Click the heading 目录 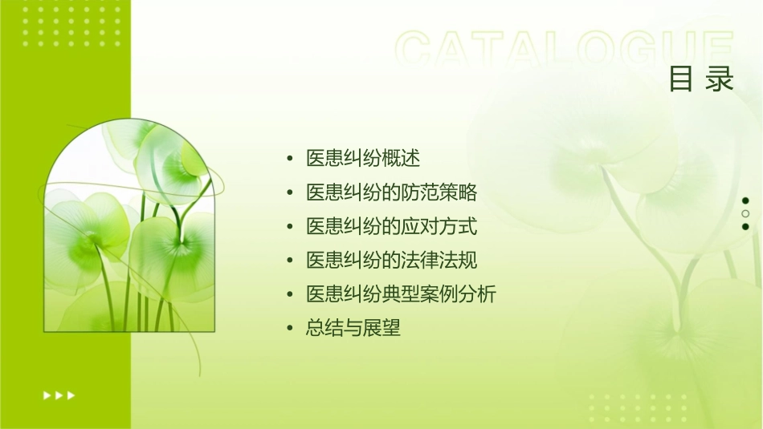pyautogui.click(x=701, y=79)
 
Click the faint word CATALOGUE pyautogui.click(x=564, y=50)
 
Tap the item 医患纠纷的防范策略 pyautogui.click(x=392, y=192)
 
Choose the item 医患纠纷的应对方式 pyautogui.click(x=392, y=227)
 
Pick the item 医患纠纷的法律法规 pyautogui.click(x=392, y=261)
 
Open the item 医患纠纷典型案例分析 pyautogui.click(x=402, y=294)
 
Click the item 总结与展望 pyautogui.click(x=353, y=328)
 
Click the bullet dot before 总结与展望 pyautogui.click(x=290, y=329)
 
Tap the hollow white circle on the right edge pyautogui.click(x=745, y=213)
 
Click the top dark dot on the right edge pyautogui.click(x=745, y=200)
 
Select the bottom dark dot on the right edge pyautogui.click(x=745, y=226)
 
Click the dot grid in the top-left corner pyautogui.click(x=71, y=25)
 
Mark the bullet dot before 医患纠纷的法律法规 pyautogui.click(x=290, y=261)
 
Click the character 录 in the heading pyautogui.click(x=720, y=79)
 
